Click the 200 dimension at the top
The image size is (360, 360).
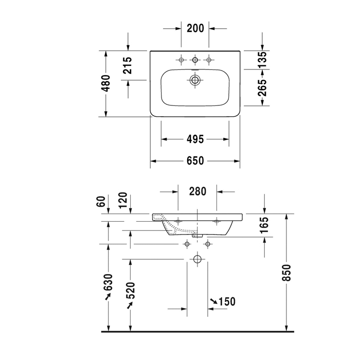tap(195, 28)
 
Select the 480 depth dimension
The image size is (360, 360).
tap(106, 83)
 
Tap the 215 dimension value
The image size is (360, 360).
tap(128, 65)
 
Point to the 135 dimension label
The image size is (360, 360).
tap(262, 60)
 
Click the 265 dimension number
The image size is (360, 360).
tap(262, 88)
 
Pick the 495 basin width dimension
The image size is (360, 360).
tap(195, 139)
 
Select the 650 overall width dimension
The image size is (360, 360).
tap(195, 160)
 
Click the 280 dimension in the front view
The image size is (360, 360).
tap(197, 191)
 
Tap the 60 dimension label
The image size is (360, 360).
tap(101, 202)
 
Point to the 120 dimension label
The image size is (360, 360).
tap(123, 200)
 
